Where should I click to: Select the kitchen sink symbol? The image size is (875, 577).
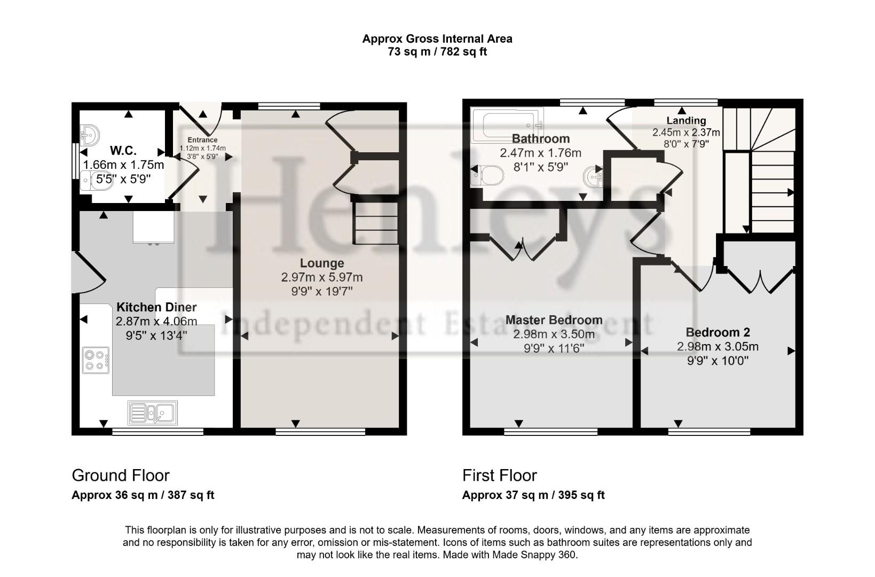(x=153, y=412)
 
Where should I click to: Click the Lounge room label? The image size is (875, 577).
(x=321, y=263)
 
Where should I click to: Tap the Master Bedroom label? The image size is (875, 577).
(x=554, y=320)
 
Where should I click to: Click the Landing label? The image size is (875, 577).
(x=686, y=121)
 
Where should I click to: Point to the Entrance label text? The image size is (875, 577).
(x=202, y=141)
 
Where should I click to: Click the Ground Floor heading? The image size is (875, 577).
(x=121, y=475)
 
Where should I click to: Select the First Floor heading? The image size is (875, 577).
(x=499, y=475)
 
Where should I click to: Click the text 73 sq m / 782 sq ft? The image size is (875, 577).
(x=437, y=52)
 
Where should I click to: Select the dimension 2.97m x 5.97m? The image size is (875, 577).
(x=321, y=277)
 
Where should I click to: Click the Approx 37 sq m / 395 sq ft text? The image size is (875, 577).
(x=533, y=495)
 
